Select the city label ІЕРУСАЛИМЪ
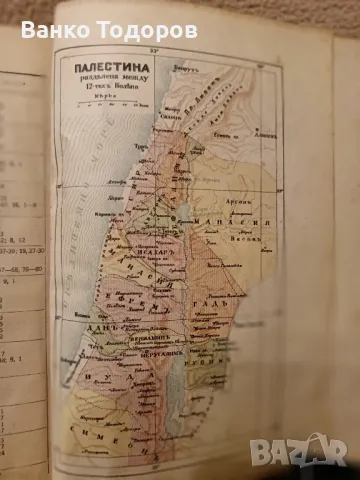[x=146, y=352]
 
